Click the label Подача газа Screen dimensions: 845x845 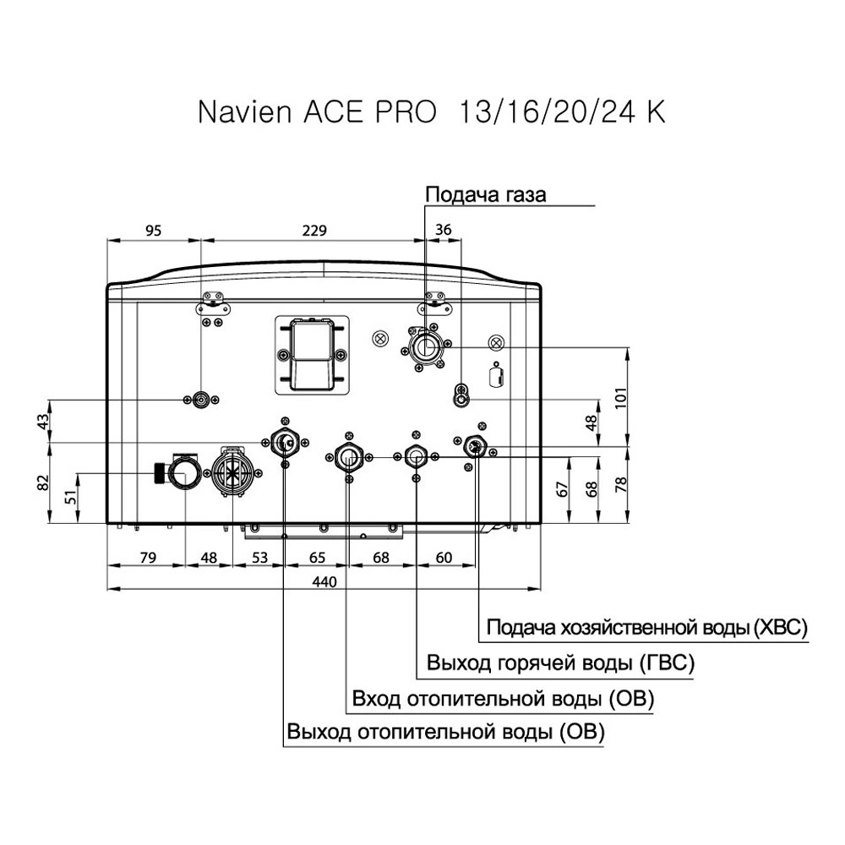coord(485,195)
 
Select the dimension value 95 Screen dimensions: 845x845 coord(152,229)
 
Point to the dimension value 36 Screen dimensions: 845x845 coord(443,229)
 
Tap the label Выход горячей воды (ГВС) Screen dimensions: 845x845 coord(560,663)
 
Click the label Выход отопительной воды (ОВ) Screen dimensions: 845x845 coord(445,732)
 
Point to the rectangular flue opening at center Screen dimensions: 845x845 coord(311,352)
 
